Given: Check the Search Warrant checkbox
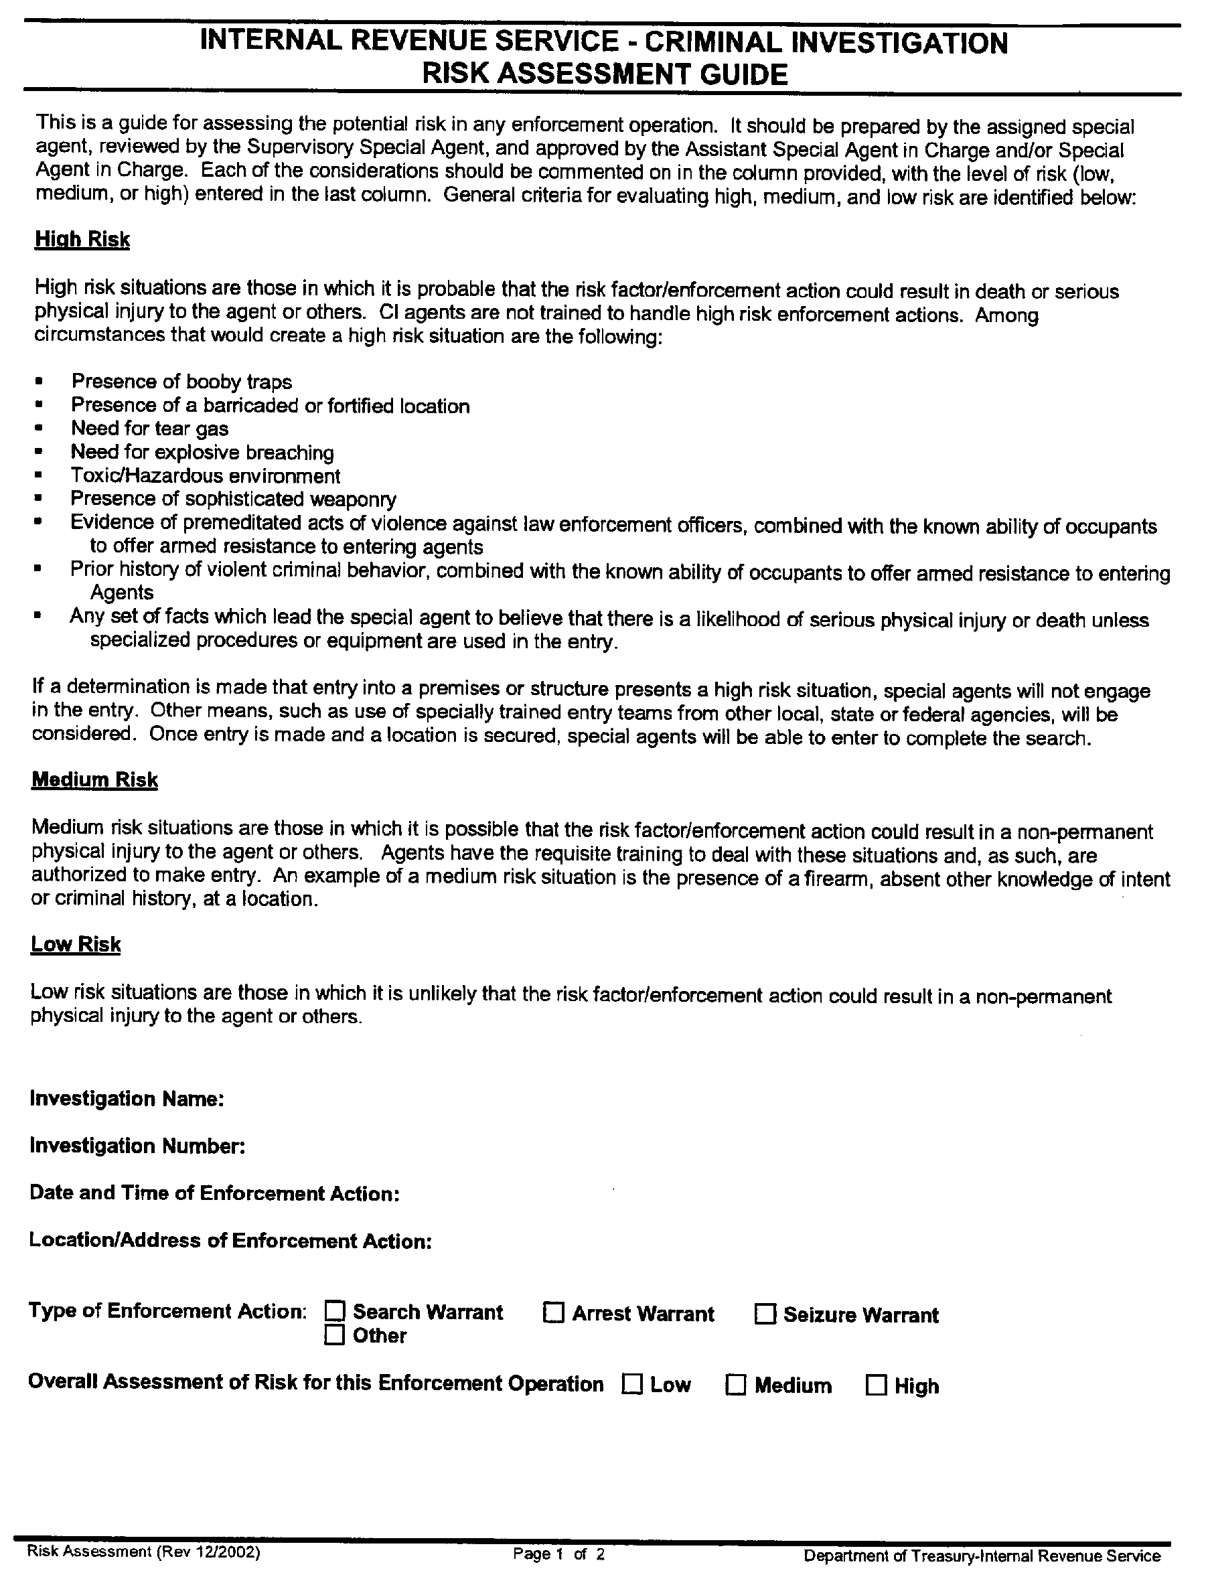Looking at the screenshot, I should point(335,1312).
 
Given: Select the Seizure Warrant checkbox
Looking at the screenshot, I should point(765,1314).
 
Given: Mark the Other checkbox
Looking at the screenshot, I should point(335,1335).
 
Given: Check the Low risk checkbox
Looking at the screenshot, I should point(631,1384).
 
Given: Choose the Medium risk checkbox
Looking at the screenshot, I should point(736,1385).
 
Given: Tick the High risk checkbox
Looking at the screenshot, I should point(876,1385).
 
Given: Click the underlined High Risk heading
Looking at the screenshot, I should point(82,239).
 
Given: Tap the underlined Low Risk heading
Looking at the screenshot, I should point(76,944).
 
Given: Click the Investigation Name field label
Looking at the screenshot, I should point(127,1099).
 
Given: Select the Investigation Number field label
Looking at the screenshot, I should point(137,1146).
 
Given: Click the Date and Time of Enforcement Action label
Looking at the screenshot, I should point(214,1193).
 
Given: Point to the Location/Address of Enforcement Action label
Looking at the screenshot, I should point(230,1241).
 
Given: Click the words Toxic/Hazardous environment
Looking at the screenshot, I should point(206,476).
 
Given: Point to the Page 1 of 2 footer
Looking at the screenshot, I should point(558,1554).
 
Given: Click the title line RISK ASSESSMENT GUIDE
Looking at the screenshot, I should point(605,74).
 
